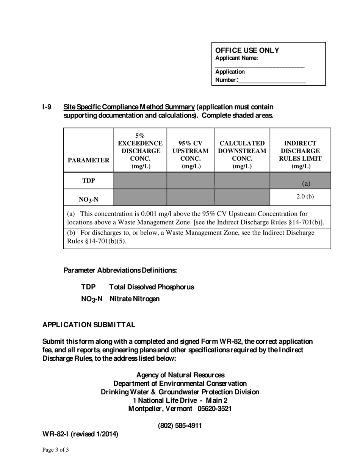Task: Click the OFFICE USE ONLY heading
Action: pyautogui.click(x=247, y=50)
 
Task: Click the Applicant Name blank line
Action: pyautogui.click(x=260, y=66)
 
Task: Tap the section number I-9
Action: pyautogui.click(x=47, y=107)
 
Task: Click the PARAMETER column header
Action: pyautogui.click(x=89, y=160)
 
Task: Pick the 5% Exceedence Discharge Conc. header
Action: pyautogui.click(x=140, y=151)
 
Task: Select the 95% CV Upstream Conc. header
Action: pyautogui.click(x=191, y=155)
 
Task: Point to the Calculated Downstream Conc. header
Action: pyautogui.click(x=242, y=155)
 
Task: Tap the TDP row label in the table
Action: pyautogui.click(x=89, y=181)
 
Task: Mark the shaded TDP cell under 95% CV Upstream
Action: pyautogui.click(x=191, y=181)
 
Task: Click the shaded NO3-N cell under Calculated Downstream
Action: pyautogui.click(x=242, y=197)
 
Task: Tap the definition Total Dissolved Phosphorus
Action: pyautogui.click(x=152, y=287)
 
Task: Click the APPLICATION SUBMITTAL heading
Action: pyautogui.click(x=89, y=325)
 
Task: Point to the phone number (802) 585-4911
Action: pyautogui.click(x=180, y=426)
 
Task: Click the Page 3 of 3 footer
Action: pyautogui.click(x=56, y=450)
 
